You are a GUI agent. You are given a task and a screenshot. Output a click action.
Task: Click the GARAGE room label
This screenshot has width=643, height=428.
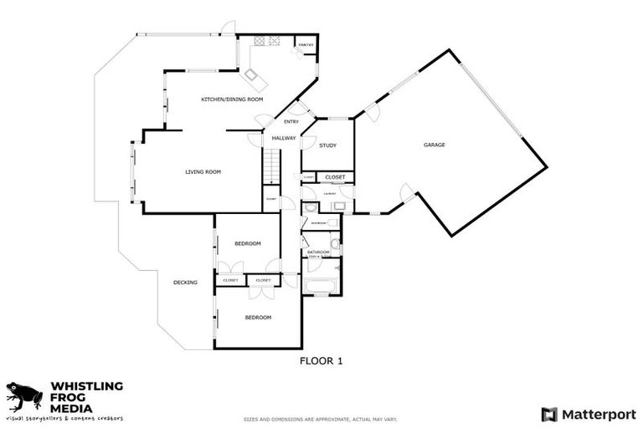click(434, 145)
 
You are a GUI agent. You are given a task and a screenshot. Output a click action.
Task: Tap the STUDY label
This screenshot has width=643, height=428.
click(327, 146)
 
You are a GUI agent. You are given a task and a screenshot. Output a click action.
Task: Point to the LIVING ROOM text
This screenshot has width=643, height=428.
click(203, 172)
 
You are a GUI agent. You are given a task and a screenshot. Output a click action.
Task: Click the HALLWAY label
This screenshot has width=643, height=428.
click(284, 138)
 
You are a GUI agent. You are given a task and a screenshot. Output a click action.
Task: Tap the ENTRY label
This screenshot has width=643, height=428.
click(291, 122)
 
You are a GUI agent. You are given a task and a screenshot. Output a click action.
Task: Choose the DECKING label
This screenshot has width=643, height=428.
click(185, 283)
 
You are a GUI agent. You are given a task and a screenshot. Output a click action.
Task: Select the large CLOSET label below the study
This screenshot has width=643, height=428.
click(335, 177)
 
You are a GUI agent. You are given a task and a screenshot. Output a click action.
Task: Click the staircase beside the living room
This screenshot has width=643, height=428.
click(272, 167)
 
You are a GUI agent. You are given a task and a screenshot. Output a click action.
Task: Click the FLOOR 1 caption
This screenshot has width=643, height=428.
click(321, 361)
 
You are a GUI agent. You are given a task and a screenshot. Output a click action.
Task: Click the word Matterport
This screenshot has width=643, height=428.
click(598, 414)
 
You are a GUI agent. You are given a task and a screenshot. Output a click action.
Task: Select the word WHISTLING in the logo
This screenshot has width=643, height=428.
click(87, 386)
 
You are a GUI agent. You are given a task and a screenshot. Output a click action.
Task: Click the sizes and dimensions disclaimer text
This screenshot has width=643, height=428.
click(321, 419)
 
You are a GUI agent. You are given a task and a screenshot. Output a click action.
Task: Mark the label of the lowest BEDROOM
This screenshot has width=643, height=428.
click(258, 318)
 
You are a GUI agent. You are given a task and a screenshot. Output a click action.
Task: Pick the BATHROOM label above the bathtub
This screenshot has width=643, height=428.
click(318, 252)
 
